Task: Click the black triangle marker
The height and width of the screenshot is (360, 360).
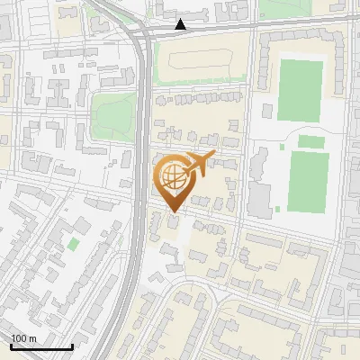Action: click(182, 23)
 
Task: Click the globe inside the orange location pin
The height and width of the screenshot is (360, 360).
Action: click(172, 175)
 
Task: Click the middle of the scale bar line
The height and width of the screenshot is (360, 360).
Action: click(41, 346)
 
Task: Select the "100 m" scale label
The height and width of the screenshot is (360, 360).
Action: click(24, 338)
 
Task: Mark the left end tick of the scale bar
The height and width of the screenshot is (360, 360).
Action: click(11, 345)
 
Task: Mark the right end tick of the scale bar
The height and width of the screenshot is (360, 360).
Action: click(72, 345)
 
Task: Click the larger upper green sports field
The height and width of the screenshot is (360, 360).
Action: click(300, 90)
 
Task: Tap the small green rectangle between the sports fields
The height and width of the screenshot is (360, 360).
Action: click(311, 141)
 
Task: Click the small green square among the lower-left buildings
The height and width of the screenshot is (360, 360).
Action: click(73, 244)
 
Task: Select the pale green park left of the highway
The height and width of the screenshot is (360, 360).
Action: click(113, 112)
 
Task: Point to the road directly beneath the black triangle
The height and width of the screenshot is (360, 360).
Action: click(182, 31)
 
